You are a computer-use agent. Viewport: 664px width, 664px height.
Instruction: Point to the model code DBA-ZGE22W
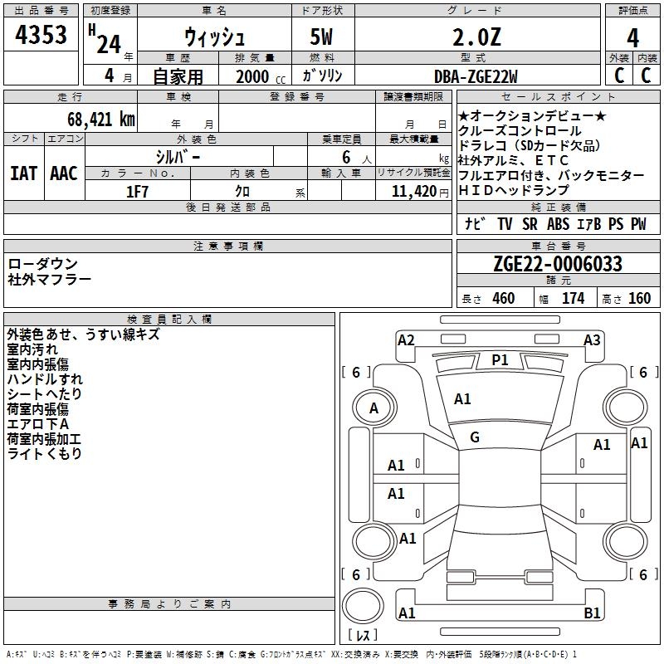tap(476, 76)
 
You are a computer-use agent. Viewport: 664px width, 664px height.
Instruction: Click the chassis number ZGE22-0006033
tap(557, 264)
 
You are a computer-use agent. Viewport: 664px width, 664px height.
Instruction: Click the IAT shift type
tap(24, 173)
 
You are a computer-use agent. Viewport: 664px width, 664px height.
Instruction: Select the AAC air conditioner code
tap(63, 173)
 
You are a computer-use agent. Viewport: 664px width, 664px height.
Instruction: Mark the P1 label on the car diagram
tap(500, 359)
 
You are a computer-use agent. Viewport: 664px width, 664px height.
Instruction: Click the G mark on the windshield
tap(475, 437)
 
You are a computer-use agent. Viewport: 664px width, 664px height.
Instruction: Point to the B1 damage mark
tap(593, 613)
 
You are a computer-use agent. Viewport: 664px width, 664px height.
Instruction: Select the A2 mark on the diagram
tap(406, 339)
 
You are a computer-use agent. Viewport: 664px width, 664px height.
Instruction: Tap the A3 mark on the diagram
tap(592, 339)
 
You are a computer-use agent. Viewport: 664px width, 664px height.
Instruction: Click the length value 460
tap(503, 299)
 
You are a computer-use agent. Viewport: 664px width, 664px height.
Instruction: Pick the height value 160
tap(639, 299)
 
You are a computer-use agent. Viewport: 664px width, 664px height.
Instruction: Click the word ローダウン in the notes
tap(43, 263)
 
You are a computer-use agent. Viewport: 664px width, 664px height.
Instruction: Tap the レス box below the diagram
tap(363, 636)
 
